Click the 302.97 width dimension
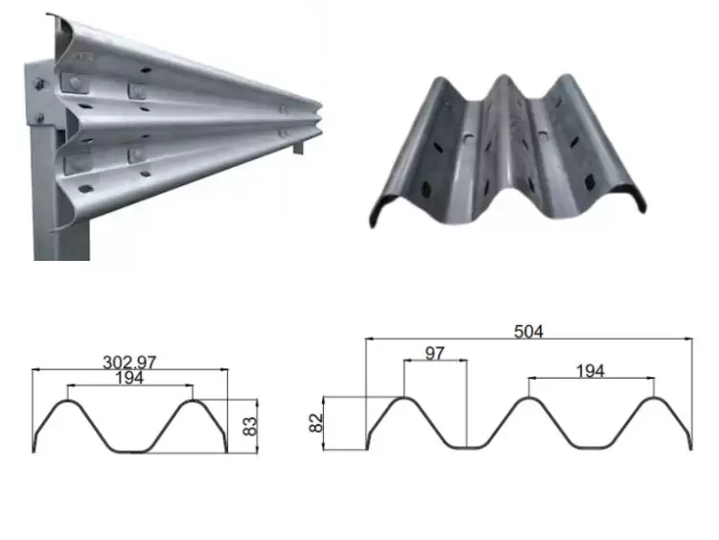(128, 362)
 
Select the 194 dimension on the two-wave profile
(128, 379)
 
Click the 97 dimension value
(435, 354)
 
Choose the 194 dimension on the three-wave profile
(591, 370)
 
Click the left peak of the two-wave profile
(67, 402)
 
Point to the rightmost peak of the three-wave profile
(653, 399)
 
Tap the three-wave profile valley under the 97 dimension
(466, 447)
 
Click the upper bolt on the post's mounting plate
(41, 85)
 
